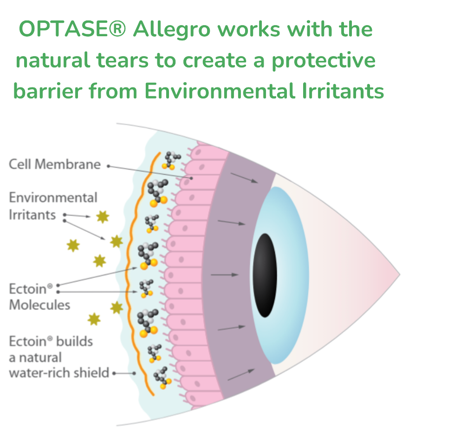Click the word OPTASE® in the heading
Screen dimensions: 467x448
point(72,29)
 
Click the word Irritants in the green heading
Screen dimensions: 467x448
point(343,91)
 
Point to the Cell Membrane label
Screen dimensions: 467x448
point(55,164)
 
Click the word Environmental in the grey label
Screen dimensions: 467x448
point(53,198)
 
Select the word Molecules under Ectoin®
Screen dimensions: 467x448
point(39,305)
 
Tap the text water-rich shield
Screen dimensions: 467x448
point(59,373)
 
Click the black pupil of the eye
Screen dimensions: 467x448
point(265,275)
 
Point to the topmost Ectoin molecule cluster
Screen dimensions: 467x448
point(171,160)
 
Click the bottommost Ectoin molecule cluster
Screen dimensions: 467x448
point(162,378)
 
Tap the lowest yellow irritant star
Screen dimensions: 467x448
point(94,319)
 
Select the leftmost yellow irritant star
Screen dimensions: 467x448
point(73,245)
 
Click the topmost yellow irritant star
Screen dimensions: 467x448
point(103,217)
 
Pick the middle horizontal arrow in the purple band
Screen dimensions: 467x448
point(225,275)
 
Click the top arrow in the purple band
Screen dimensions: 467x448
point(244,178)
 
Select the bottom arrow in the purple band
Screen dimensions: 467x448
point(241,375)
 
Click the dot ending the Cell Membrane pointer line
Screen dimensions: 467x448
point(192,178)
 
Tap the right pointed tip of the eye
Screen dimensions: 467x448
point(400,275)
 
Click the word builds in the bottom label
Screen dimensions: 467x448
point(74,341)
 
